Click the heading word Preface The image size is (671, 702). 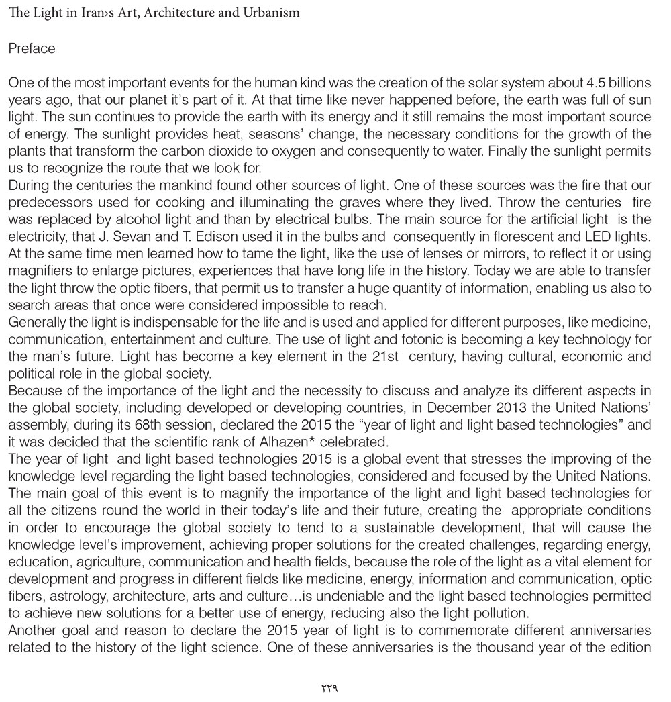coord(32,49)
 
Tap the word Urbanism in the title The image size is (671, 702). coord(274,13)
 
